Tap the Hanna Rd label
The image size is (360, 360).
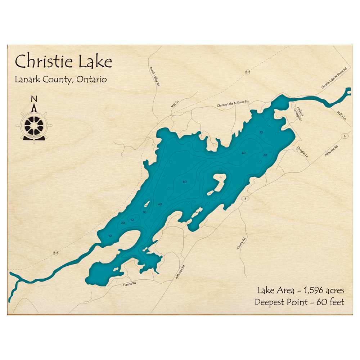point(130,283)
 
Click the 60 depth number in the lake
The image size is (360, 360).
point(185,181)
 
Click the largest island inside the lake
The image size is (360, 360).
point(218,182)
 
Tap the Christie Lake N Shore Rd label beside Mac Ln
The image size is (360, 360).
point(233,104)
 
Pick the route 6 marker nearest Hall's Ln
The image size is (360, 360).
point(345,136)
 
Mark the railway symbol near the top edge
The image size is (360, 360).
point(247,72)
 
